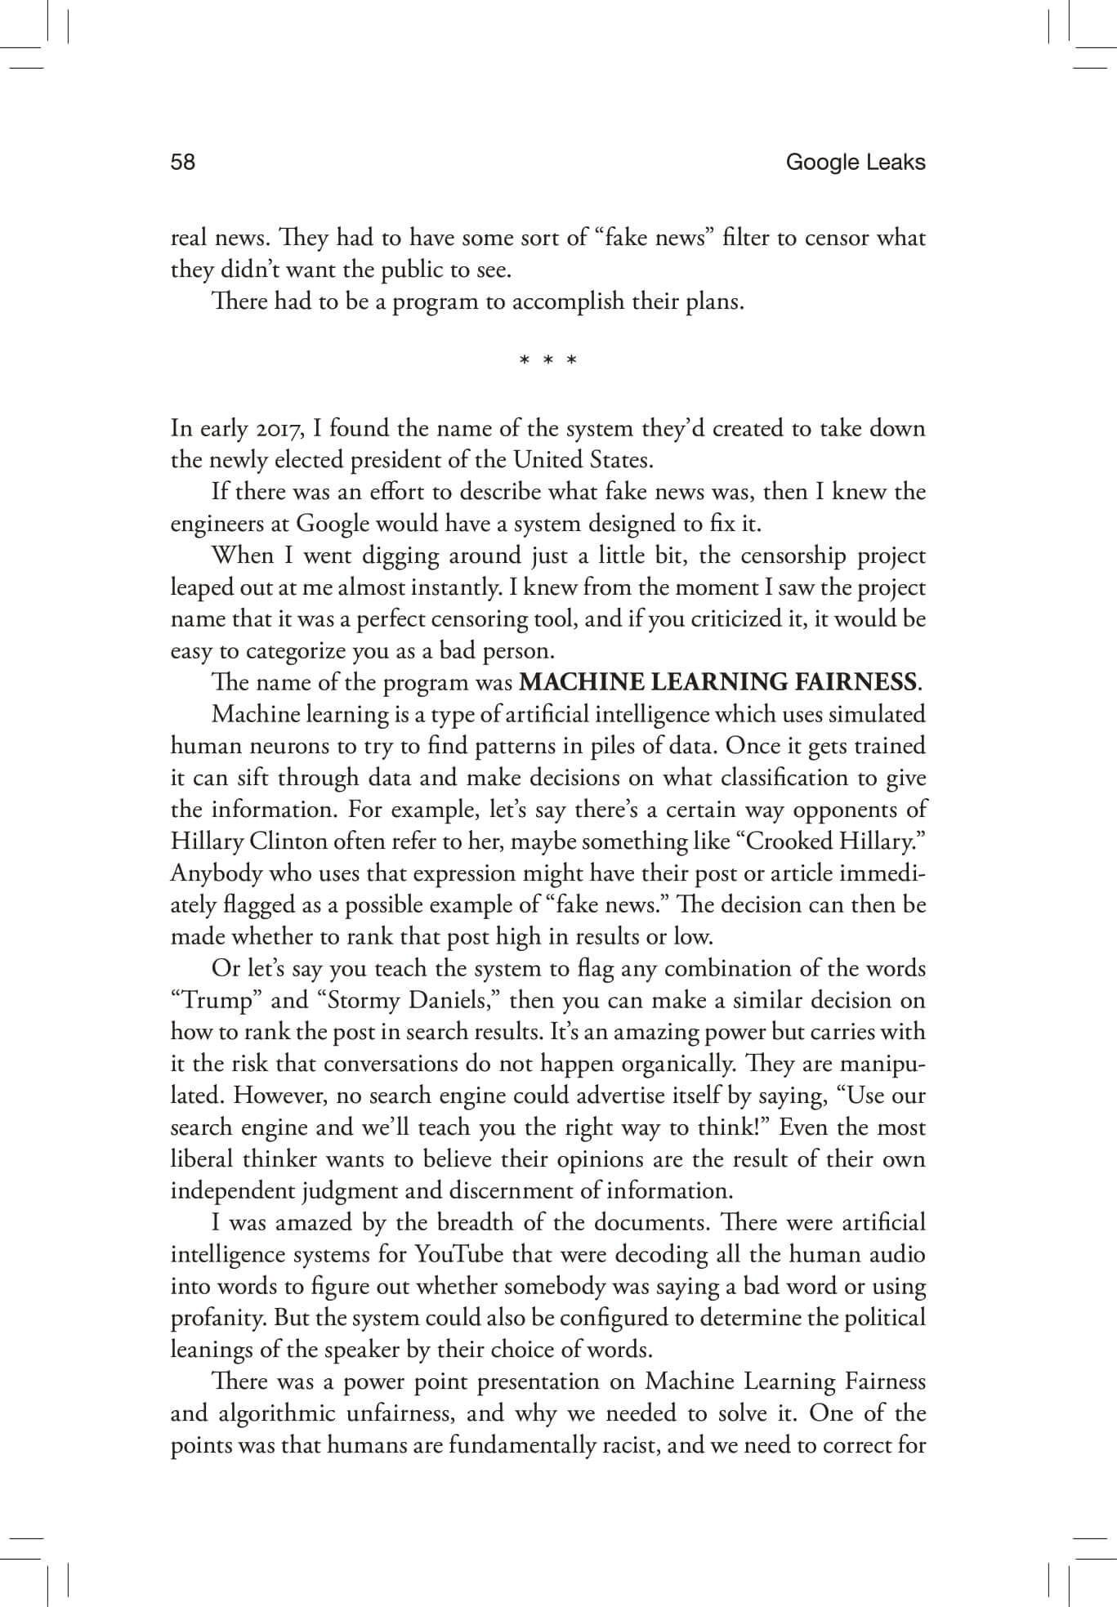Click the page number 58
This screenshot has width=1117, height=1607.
click(x=183, y=163)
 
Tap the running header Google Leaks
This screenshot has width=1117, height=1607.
click(x=855, y=163)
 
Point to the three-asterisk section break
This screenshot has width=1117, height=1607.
click(x=548, y=359)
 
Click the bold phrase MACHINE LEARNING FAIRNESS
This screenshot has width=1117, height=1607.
click(x=717, y=681)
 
